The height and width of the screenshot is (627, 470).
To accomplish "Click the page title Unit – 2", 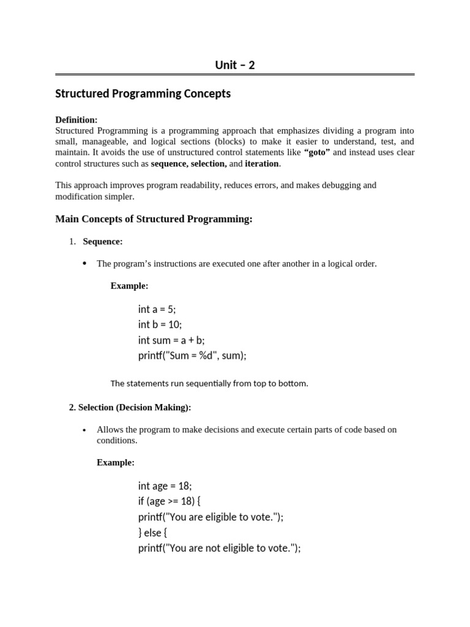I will (235, 65).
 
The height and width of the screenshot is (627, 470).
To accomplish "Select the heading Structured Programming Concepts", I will (143, 94).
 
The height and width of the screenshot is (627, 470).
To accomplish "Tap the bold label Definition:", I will (76, 120).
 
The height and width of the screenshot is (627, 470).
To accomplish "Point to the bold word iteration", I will (262, 163).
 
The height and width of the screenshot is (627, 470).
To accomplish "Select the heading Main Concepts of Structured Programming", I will (154, 219).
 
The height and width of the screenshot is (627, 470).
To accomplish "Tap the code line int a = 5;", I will (157, 309).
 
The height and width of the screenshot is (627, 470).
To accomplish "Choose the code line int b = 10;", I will (160, 325).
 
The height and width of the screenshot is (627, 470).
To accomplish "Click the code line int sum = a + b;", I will (171, 340).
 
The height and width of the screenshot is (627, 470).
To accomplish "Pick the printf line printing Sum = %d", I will (192, 355).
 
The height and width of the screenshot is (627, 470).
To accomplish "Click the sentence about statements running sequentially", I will (209, 383).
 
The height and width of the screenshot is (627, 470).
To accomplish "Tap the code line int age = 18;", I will (165, 486).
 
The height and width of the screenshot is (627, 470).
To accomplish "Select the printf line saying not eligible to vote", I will (219, 548).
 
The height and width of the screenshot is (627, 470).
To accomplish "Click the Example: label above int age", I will (116, 462).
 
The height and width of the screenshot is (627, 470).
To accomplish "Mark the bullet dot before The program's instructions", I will (84, 264).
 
